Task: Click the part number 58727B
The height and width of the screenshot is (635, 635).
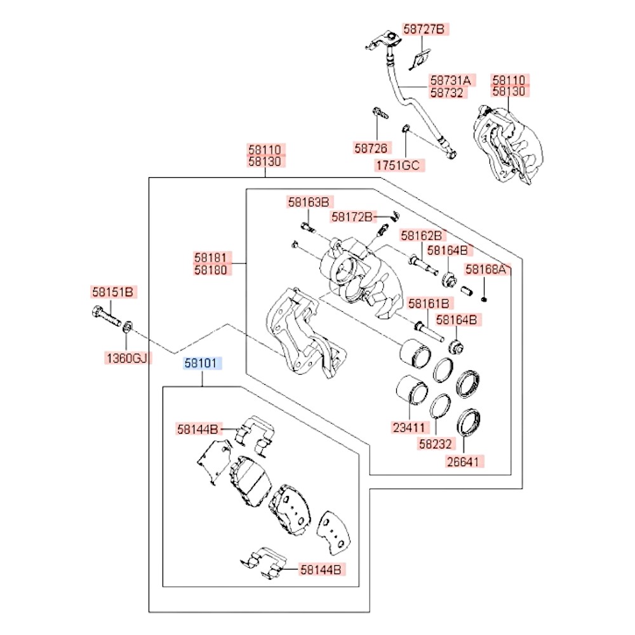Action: click(425, 29)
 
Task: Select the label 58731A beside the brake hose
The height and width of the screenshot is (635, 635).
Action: click(450, 81)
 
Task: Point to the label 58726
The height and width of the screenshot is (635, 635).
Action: click(371, 149)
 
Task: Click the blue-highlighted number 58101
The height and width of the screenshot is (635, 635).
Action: click(202, 364)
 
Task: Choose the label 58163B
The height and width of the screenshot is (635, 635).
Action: click(309, 203)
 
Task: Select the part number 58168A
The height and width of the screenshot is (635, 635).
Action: click(487, 269)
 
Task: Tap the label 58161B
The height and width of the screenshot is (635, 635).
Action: click(429, 304)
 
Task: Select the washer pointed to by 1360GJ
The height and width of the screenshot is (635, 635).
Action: click(127, 327)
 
